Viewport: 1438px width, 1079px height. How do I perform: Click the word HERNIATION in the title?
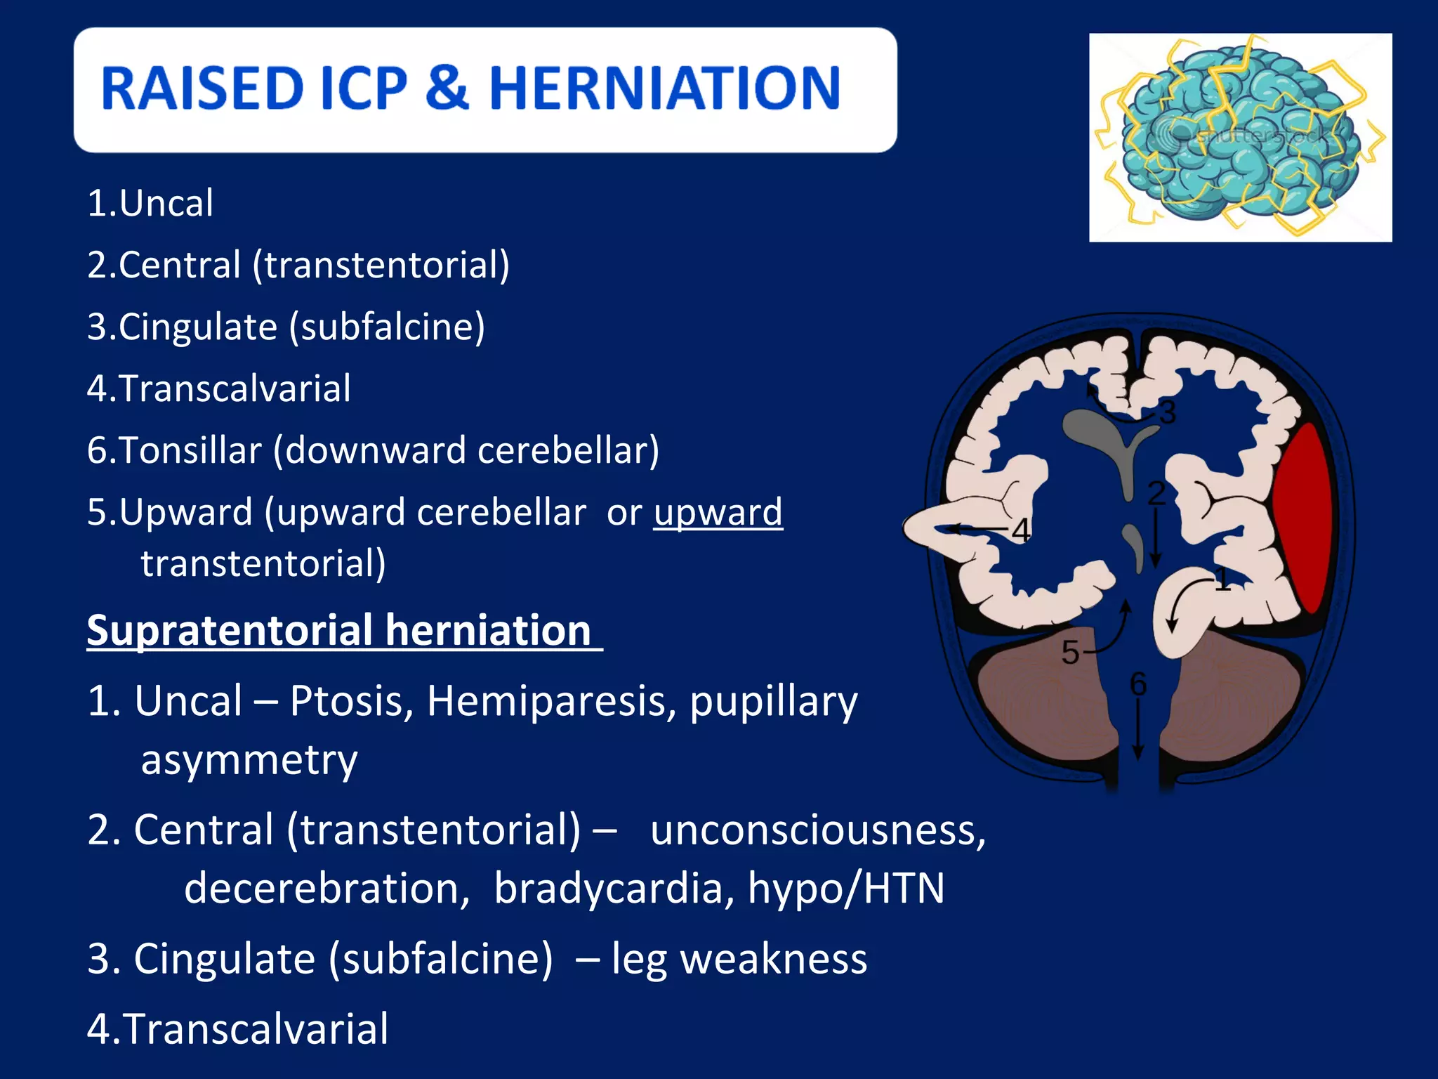[664, 89]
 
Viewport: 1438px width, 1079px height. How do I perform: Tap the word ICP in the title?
[363, 89]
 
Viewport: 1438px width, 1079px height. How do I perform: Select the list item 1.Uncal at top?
[150, 204]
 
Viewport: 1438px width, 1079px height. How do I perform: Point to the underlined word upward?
[718, 512]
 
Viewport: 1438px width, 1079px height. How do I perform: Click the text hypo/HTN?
[845, 889]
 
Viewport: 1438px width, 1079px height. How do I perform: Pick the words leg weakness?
[739, 959]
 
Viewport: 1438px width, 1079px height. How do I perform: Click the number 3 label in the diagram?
[1167, 413]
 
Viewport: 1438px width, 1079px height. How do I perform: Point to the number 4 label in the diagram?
[1021, 530]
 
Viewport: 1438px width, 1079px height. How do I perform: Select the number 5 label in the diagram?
[1069, 653]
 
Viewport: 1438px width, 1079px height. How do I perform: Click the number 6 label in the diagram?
[1138, 684]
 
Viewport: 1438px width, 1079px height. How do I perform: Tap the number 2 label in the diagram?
[1156, 493]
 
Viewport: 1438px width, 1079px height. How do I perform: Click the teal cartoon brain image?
[1239, 137]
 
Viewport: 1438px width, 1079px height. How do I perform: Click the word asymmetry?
[249, 761]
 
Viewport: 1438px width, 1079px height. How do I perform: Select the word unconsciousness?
[817, 830]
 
